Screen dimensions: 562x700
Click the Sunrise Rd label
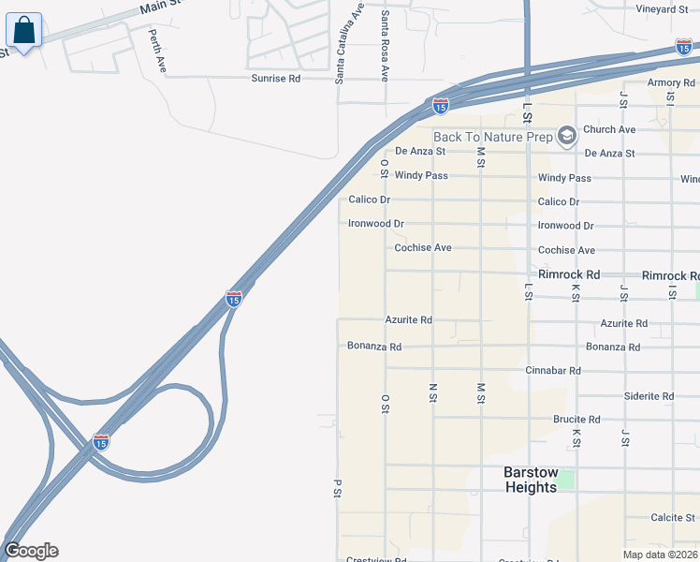coord(275,79)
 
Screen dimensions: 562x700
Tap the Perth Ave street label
coord(157,52)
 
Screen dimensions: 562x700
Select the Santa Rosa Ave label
coord(385,45)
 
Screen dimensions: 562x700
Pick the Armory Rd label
coord(671,83)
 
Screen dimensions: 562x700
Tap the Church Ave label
coord(609,129)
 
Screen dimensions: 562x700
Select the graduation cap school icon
coord(565,137)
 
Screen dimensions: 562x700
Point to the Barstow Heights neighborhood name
coord(531,480)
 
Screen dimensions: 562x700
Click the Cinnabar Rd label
coord(553,371)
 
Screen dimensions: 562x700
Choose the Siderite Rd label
coord(649,396)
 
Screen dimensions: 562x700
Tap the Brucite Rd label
coord(576,420)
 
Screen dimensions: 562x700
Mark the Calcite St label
coord(674,517)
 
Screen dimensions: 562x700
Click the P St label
coord(336,488)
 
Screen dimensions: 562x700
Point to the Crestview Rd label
coord(375,559)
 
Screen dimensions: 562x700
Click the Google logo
coord(31,551)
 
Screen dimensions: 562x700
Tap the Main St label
coord(159,7)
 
